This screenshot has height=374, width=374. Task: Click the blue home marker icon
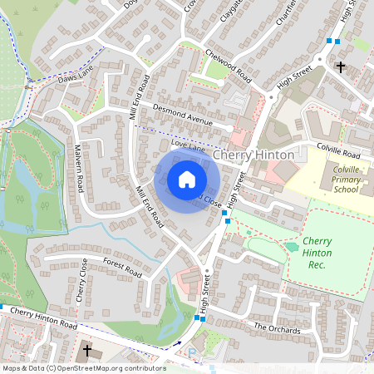[187, 179]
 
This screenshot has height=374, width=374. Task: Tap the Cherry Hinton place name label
[253, 156]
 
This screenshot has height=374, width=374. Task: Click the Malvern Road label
[81, 168]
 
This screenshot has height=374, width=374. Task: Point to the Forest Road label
[122, 266]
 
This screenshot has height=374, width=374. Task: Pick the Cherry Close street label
[81, 279]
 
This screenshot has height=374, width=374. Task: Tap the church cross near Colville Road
[339, 65]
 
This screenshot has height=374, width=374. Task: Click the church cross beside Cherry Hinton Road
[86, 352]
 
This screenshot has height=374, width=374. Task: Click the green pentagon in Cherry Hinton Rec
[292, 246]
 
